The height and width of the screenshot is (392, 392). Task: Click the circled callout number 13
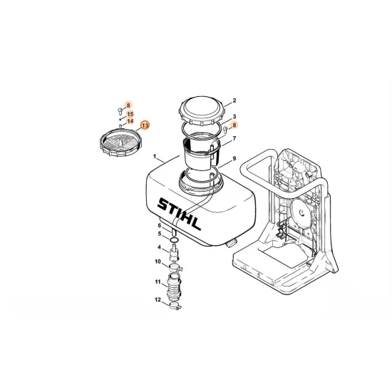[145, 125]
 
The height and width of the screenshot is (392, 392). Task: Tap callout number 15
[130, 114]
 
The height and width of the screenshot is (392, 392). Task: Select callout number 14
[130, 121]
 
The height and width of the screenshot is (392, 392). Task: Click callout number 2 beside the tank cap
[234, 100]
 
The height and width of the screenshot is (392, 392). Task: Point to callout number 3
[234, 116]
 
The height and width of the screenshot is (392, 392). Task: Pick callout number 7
[234, 138]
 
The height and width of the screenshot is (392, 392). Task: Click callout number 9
[234, 158]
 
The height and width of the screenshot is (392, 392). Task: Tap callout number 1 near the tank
[155, 157]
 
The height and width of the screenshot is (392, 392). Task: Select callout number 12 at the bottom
[158, 299]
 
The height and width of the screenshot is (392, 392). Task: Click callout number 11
[158, 282]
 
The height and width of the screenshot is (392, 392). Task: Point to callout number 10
[158, 262]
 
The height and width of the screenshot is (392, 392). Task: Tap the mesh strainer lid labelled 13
[120, 142]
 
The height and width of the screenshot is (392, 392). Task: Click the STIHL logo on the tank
[179, 214]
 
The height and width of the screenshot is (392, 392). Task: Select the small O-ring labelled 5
[174, 240]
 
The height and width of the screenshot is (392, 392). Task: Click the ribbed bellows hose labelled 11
[173, 287]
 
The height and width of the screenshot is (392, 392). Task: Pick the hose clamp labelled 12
[175, 306]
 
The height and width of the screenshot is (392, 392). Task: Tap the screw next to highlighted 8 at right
[225, 130]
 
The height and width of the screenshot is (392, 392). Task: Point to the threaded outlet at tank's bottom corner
[232, 242]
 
